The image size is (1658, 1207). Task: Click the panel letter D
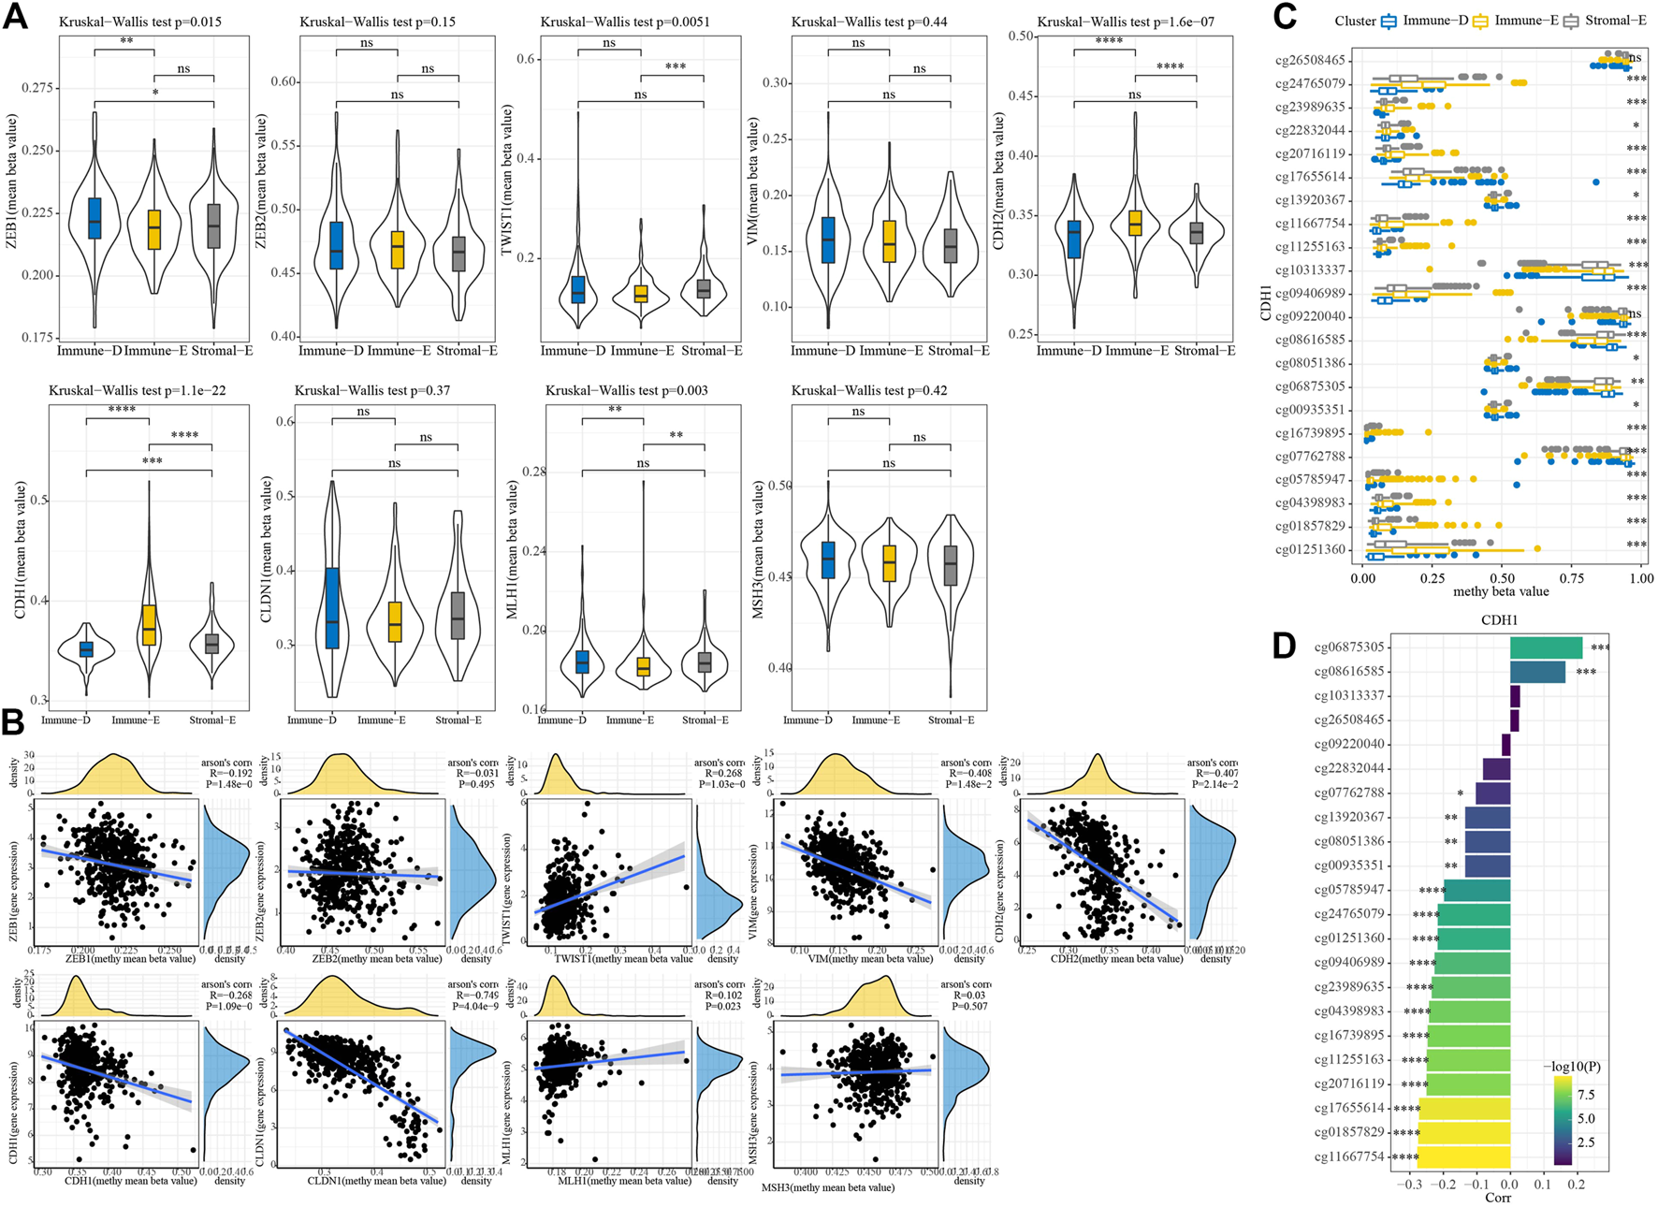(x=1284, y=645)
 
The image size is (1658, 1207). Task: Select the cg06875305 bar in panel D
(x=1546, y=647)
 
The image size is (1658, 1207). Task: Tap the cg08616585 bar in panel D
(x=1537, y=672)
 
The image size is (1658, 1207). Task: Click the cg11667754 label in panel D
(x=1349, y=1156)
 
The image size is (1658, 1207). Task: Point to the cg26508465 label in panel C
(x=1310, y=61)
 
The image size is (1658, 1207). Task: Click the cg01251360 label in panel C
(x=1310, y=549)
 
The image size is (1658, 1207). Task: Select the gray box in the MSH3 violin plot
(x=951, y=565)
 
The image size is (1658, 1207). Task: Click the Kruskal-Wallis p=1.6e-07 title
(x=1126, y=22)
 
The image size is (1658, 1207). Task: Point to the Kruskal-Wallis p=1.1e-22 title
(x=138, y=390)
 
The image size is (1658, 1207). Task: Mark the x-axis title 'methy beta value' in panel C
(x=1501, y=591)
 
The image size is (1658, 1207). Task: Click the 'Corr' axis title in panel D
(x=1498, y=1198)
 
